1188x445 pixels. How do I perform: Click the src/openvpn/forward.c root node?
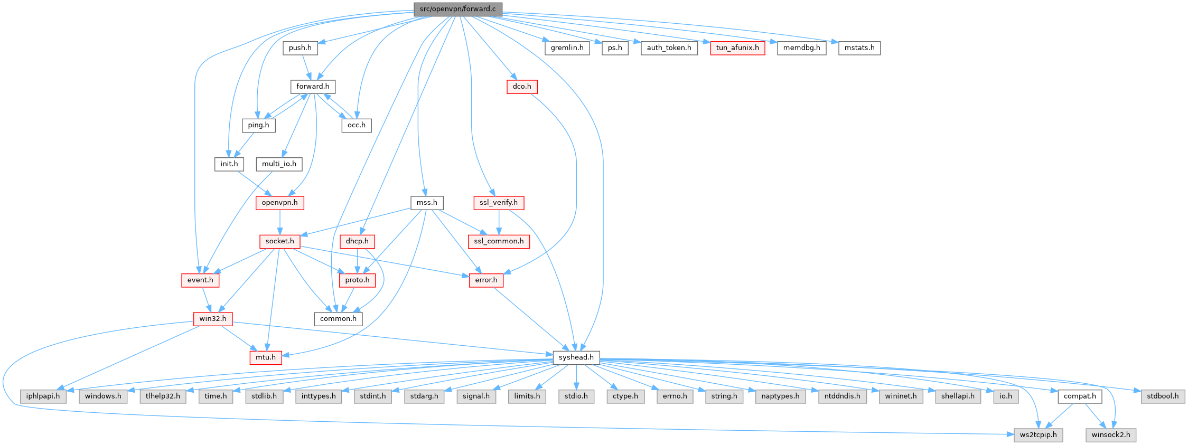pos(457,9)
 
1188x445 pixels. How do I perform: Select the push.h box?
pos(300,48)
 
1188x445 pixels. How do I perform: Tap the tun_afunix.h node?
pos(737,48)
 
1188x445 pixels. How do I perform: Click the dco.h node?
pos(522,87)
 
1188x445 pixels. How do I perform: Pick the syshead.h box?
pos(576,357)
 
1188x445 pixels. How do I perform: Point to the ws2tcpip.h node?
pos(1038,435)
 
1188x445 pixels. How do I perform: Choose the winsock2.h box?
pos(1110,435)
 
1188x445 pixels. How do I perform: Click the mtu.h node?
pos(265,357)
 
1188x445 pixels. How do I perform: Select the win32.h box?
pos(212,319)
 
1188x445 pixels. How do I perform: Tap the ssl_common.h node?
pos(499,241)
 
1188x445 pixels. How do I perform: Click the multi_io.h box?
pos(279,164)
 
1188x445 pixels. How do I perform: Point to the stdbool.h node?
pos(1162,396)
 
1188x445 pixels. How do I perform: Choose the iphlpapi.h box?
pos(43,396)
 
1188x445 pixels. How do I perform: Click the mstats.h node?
pos(859,48)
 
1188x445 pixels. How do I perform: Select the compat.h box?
pos(1079,396)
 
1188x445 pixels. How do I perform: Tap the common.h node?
pos(338,319)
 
